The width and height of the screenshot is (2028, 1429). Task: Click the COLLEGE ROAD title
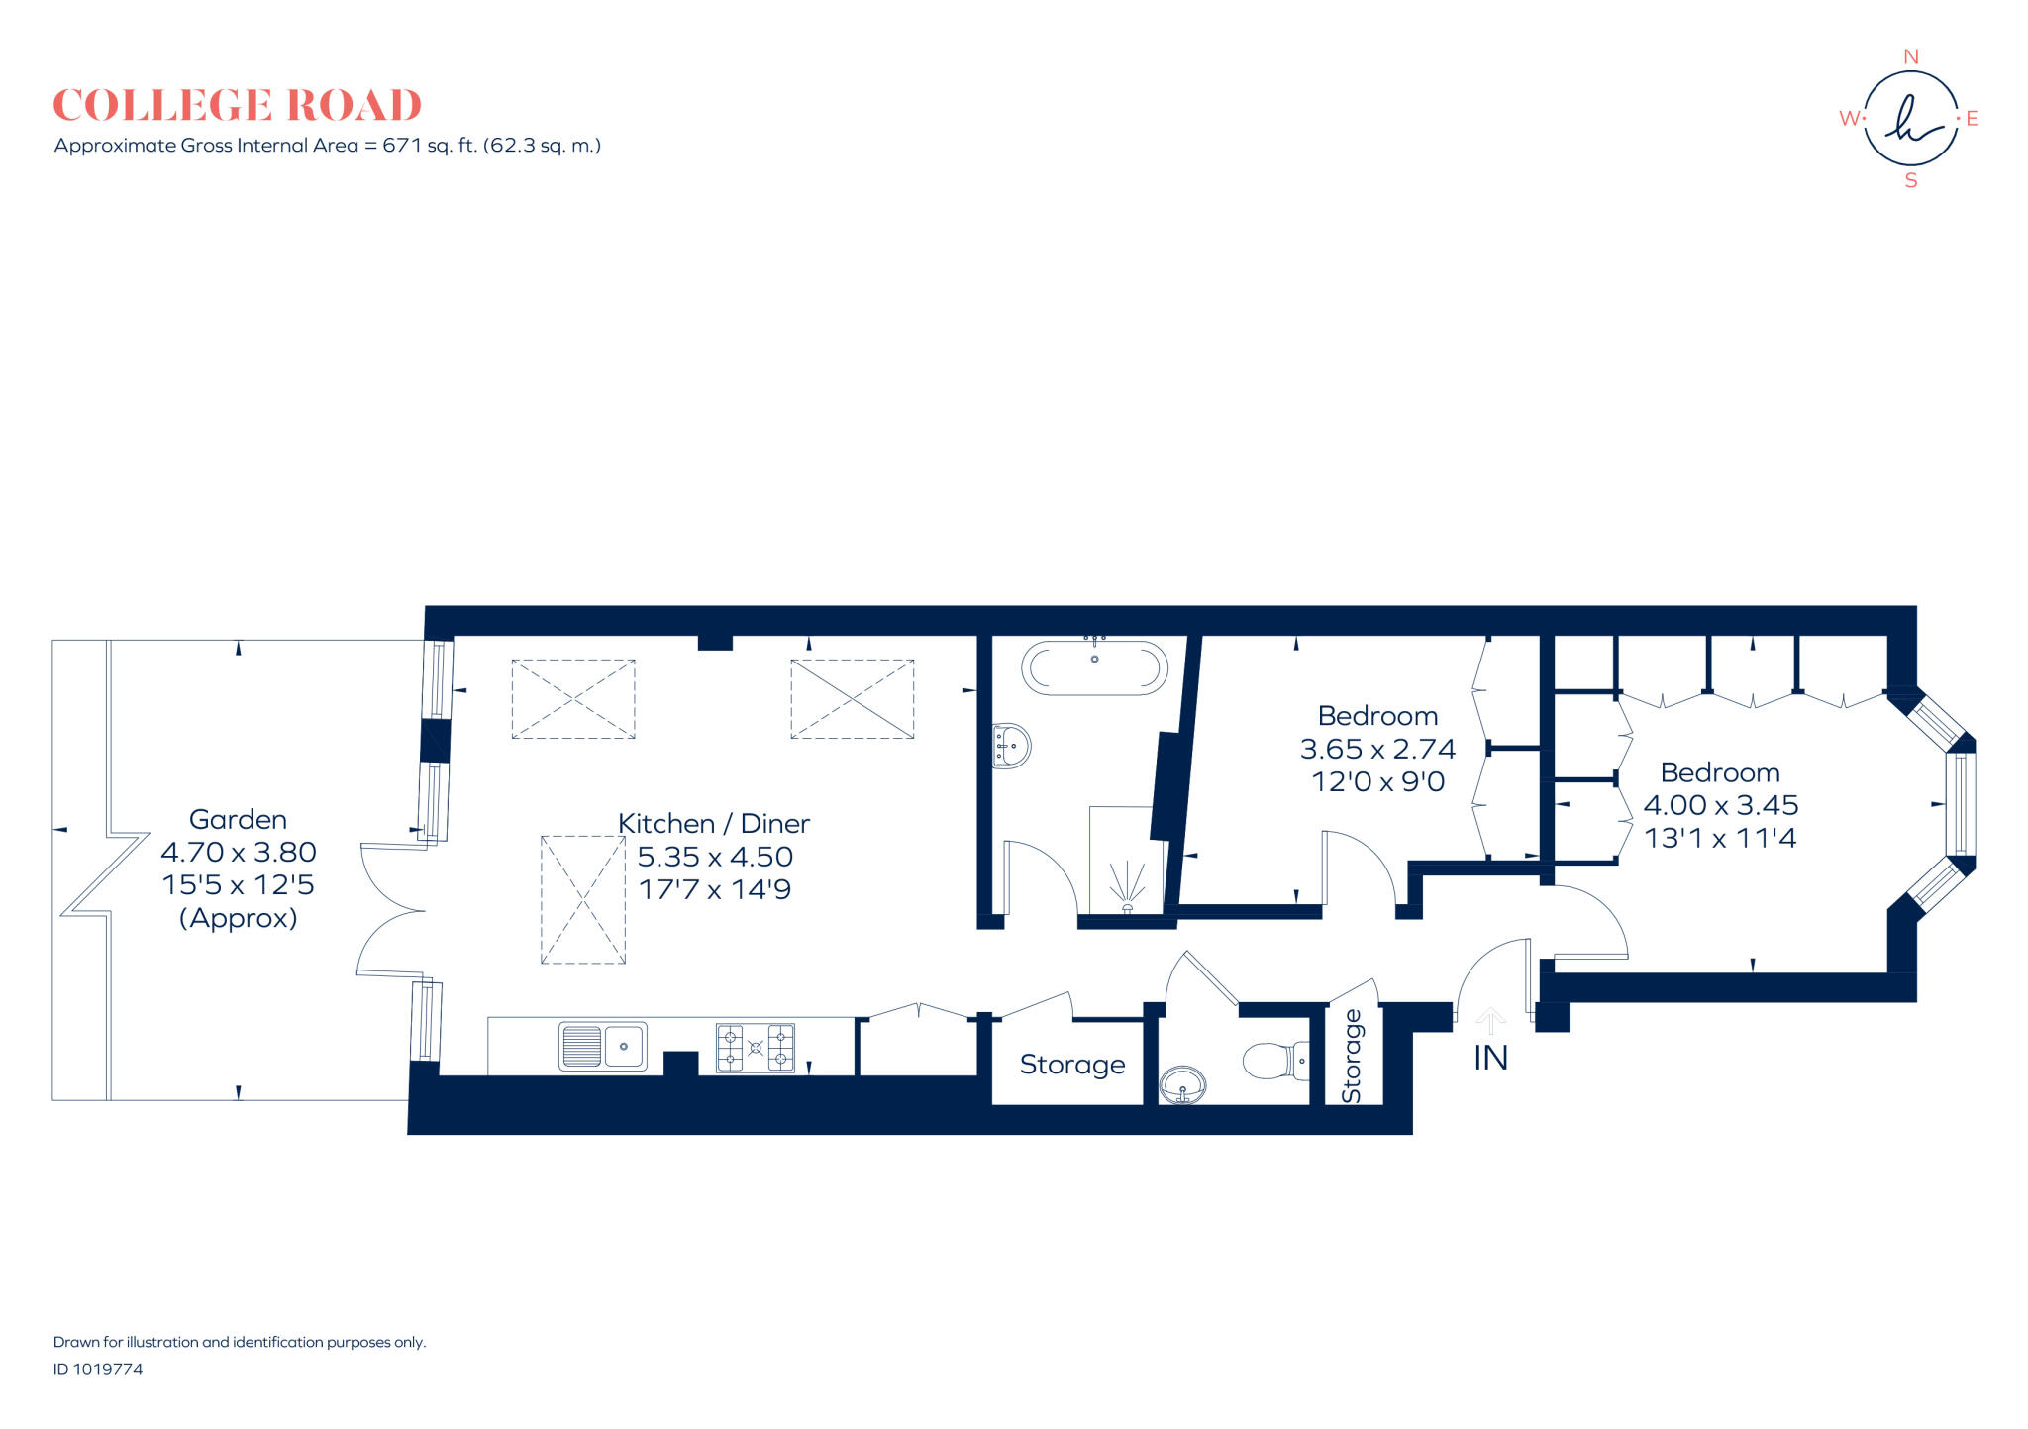(237, 105)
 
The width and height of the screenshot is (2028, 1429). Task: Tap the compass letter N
(1911, 57)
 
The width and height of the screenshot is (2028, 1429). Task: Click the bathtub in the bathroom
(1094, 667)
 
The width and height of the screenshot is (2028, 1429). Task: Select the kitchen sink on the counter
(603, 1046)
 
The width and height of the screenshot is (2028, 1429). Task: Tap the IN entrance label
(1490, 1059)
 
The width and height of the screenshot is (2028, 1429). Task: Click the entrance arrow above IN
(1490, 1020)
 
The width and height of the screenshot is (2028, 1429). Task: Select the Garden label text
(238, 820)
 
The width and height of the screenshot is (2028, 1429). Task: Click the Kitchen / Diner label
(714, 824)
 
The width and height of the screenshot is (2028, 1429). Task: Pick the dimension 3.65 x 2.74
(1377, 749)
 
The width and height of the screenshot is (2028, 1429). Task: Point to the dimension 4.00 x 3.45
(1720, 805)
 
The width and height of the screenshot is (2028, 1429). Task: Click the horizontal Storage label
(1072, 1065)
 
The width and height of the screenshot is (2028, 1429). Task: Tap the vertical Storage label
(1352, 1056)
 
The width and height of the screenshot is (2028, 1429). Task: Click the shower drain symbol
(1127, 907)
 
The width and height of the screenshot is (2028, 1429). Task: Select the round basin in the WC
(1182, 1085)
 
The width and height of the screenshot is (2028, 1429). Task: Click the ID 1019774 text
(98, 1369)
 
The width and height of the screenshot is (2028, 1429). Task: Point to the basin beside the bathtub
(1011, 746)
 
